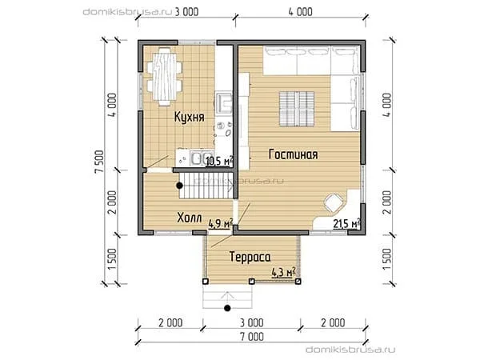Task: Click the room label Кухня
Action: pos(189,117)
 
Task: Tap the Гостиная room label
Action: pos(293,154)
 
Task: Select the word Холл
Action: pos(190,218)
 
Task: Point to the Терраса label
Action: pos(250,257)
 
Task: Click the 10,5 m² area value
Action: pos(219,161)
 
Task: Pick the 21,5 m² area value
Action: pos(346,224)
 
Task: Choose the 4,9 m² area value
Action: pos(221,223)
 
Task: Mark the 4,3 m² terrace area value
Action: pos(283,272)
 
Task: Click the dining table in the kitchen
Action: pos(164,77)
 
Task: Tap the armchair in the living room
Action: pos(334,202)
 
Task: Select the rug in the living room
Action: pos(297,109)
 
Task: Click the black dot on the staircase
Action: pos(179,186)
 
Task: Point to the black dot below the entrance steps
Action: pos(227,308)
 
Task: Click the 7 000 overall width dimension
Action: pos(252,337)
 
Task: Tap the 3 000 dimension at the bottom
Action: pos(252,322)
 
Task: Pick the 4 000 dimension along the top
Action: pos(301,12)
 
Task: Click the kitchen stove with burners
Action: pos(224,129)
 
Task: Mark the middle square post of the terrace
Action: pos(251,281)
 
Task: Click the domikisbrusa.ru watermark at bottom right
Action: pos(350,350)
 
